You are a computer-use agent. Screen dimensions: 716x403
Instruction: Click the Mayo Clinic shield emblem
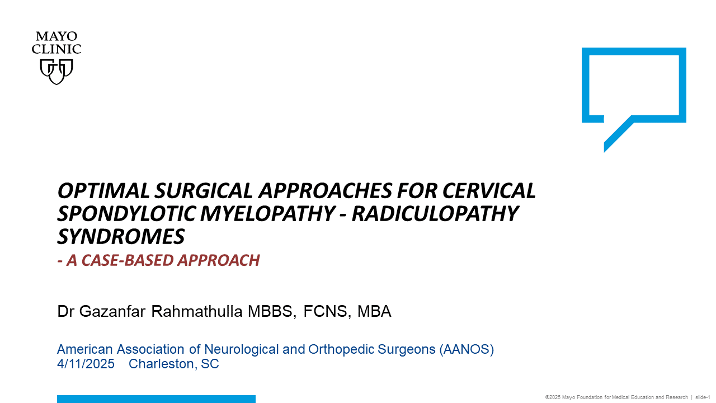pyautogui.click(x=56, y=72)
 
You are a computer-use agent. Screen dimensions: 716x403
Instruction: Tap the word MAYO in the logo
pyautogui.click(x=56, y=36)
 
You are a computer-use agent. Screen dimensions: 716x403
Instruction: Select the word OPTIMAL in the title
pyautogui.click(x=103, y=191)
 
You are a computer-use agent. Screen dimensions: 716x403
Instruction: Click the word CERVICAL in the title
pyautogui.click(x=489, y=191)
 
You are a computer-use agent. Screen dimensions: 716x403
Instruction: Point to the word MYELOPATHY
pyautogui.click(x=267, y=214)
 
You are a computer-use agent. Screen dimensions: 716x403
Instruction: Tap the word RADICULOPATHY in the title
pyautogui.click(x=435, y=214)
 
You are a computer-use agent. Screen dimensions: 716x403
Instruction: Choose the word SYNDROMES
pyautogui.click(x=121, y=237)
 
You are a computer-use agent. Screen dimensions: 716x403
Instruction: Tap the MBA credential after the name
pyautogui.click(x=374, y=312)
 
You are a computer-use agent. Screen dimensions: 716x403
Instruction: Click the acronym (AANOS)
pyautogui.click(x=467, y=349)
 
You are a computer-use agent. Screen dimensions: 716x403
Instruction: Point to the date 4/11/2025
pyautogui.click(x=86, y=364)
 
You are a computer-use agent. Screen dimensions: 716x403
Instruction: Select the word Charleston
pyautogui.click(x=163, y=364)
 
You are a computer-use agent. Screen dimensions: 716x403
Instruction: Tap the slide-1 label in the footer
pyautogui.click(x=703, y=397)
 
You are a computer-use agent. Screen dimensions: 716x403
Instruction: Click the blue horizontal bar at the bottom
pyautogui.click(x=156, y=399)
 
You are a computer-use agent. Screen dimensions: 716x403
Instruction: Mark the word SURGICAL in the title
pyautogui.click(x=204, y=191)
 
